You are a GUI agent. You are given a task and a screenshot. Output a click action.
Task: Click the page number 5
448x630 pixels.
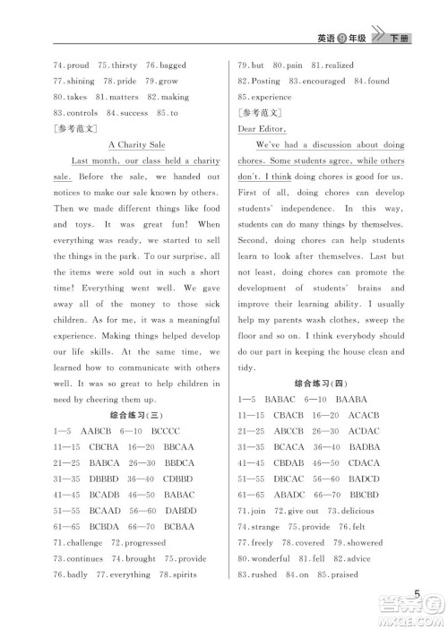click(x=418, y=595)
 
